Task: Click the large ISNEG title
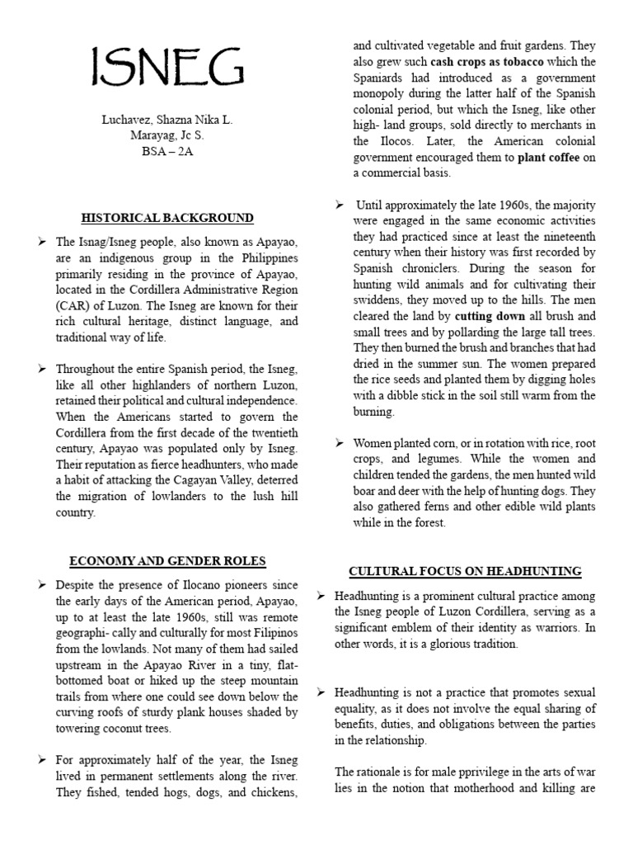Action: pos(166,69)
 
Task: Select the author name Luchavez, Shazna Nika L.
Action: pos(167,120)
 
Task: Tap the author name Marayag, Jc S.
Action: pos(167,136)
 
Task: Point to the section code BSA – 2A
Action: pos(167,153)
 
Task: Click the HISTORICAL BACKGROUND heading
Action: pos(167,219)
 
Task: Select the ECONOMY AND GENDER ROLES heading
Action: pos(167,561)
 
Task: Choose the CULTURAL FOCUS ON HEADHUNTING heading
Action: pos(465,571)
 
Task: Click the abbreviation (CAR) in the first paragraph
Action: pos(73,305)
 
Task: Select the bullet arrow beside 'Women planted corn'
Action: pos(340,443)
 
